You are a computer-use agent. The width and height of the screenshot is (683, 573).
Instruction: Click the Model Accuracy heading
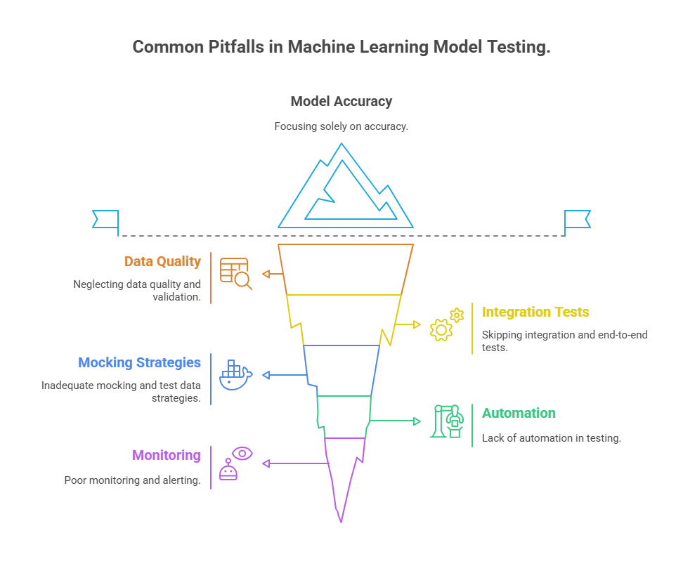341,101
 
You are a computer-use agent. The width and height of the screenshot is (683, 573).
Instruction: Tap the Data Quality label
162,261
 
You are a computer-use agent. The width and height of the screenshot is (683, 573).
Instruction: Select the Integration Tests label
535,312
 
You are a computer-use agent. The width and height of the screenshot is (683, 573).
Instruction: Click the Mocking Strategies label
139,362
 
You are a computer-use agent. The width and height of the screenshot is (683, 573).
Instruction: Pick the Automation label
519,413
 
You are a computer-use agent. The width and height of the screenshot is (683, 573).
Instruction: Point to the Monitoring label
166,455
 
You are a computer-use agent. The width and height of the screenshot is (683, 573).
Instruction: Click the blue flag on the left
105,219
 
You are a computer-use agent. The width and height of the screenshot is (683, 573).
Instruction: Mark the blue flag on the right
578,219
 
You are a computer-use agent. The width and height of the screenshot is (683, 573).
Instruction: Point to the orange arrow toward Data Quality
271,274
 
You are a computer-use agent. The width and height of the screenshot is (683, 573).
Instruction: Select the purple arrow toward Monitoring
295,463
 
